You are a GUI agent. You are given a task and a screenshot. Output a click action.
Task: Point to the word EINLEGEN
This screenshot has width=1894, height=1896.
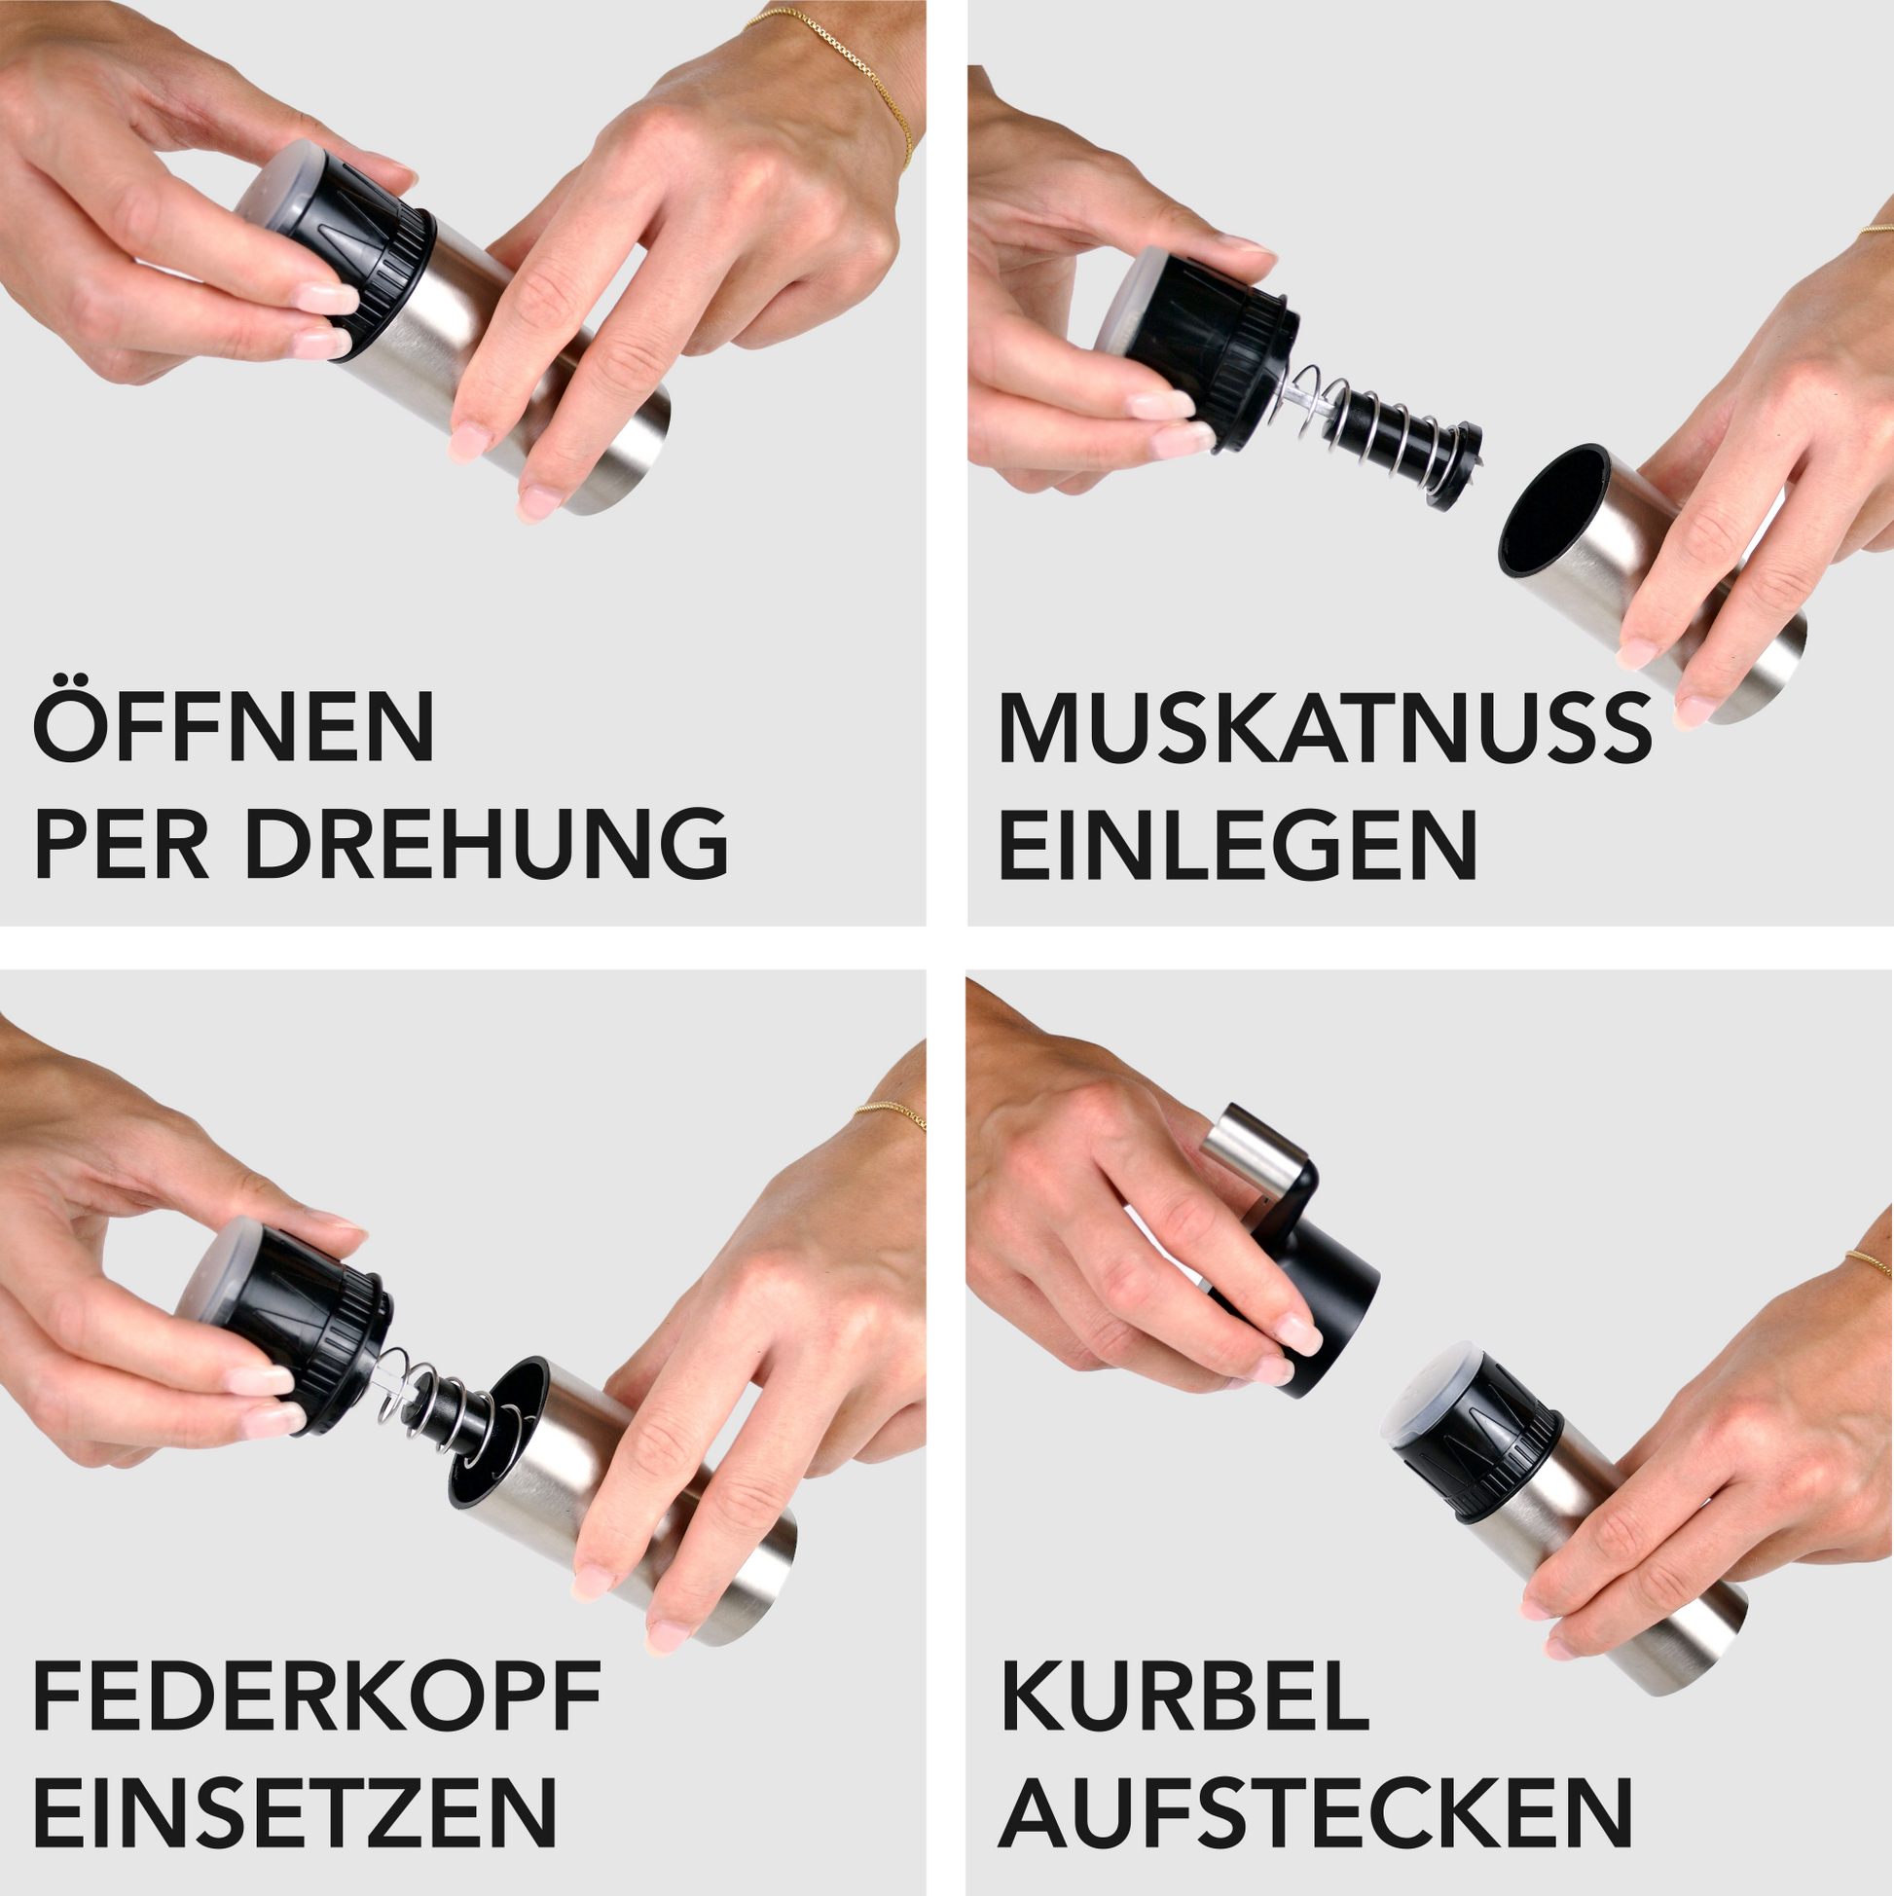(1237, 844)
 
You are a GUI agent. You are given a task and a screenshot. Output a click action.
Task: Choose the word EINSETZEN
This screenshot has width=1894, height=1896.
(295, 1811)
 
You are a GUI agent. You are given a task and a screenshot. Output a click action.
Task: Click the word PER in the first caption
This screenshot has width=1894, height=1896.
(122, 844)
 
